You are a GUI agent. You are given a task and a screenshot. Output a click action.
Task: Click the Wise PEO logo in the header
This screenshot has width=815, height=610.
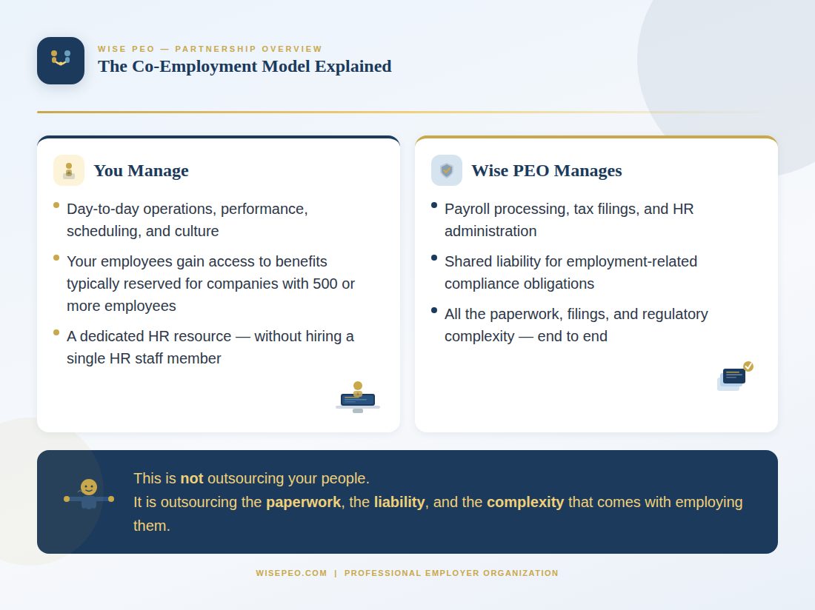(61, 61)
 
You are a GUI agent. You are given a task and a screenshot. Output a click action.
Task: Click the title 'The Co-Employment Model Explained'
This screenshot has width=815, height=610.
(245, 66)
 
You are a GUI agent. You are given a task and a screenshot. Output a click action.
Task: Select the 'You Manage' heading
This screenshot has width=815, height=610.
(141, 170)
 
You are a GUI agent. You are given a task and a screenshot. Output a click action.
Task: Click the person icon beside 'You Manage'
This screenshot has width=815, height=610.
(69, 170)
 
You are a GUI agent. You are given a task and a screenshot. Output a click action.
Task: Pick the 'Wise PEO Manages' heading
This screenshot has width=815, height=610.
(546, 170)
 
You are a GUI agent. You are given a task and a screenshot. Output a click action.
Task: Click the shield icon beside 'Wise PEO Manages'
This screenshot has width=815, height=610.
(447, 170)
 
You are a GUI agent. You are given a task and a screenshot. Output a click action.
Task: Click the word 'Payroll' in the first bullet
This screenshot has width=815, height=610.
(468, 209)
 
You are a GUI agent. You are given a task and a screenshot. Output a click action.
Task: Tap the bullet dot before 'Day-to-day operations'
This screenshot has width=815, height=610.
(56, 205)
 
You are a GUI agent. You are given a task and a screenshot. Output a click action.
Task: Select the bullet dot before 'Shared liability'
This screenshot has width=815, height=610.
(434, 258)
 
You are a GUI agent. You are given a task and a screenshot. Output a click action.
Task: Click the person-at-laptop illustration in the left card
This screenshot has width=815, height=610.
(358, 398)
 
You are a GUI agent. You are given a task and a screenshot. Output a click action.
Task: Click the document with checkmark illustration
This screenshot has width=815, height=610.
(734, 376)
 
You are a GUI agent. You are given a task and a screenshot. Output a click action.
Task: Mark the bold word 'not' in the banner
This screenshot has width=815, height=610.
(191, 478)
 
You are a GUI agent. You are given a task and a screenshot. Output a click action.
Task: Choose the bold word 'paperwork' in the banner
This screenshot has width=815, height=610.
(303, 502)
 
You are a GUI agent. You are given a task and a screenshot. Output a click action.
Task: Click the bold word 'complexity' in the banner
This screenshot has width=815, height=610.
(525, 502)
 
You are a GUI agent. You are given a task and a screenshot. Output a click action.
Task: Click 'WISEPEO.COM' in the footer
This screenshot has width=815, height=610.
(291, 573)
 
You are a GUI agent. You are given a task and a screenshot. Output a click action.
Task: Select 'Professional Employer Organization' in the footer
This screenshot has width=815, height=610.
(451, 573)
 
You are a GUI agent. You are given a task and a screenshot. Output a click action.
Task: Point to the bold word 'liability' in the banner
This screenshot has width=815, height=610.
(399, 502)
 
